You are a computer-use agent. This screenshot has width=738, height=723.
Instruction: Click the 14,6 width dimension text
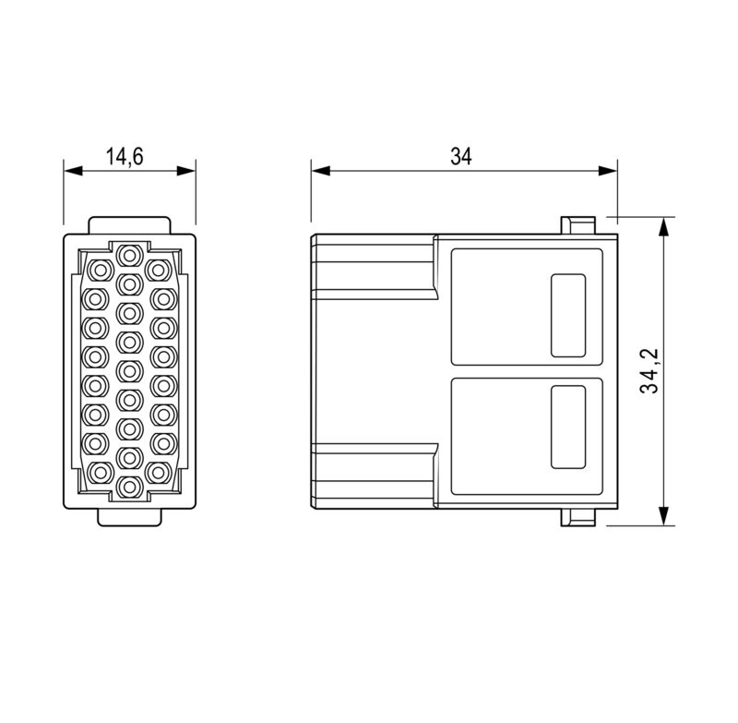coord(124,156)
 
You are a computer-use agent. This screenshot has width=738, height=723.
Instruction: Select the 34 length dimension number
coord(460,156)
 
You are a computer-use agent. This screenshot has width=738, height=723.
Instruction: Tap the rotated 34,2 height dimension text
coord(650,371)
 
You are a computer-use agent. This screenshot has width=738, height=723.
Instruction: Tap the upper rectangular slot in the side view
coord(567,315)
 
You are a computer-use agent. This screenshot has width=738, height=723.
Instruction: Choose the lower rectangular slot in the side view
coord(567,427)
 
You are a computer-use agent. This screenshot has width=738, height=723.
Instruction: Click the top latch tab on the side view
coord(577,225)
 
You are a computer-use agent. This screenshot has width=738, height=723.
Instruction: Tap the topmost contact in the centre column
coord(129,255)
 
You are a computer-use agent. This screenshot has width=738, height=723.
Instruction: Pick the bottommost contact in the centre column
coord(129,487)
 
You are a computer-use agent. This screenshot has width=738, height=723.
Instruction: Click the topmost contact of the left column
coord(99,269)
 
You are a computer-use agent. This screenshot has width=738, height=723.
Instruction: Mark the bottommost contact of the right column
coord(161,473)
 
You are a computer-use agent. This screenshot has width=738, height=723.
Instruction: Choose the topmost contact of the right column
coord(161,269)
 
